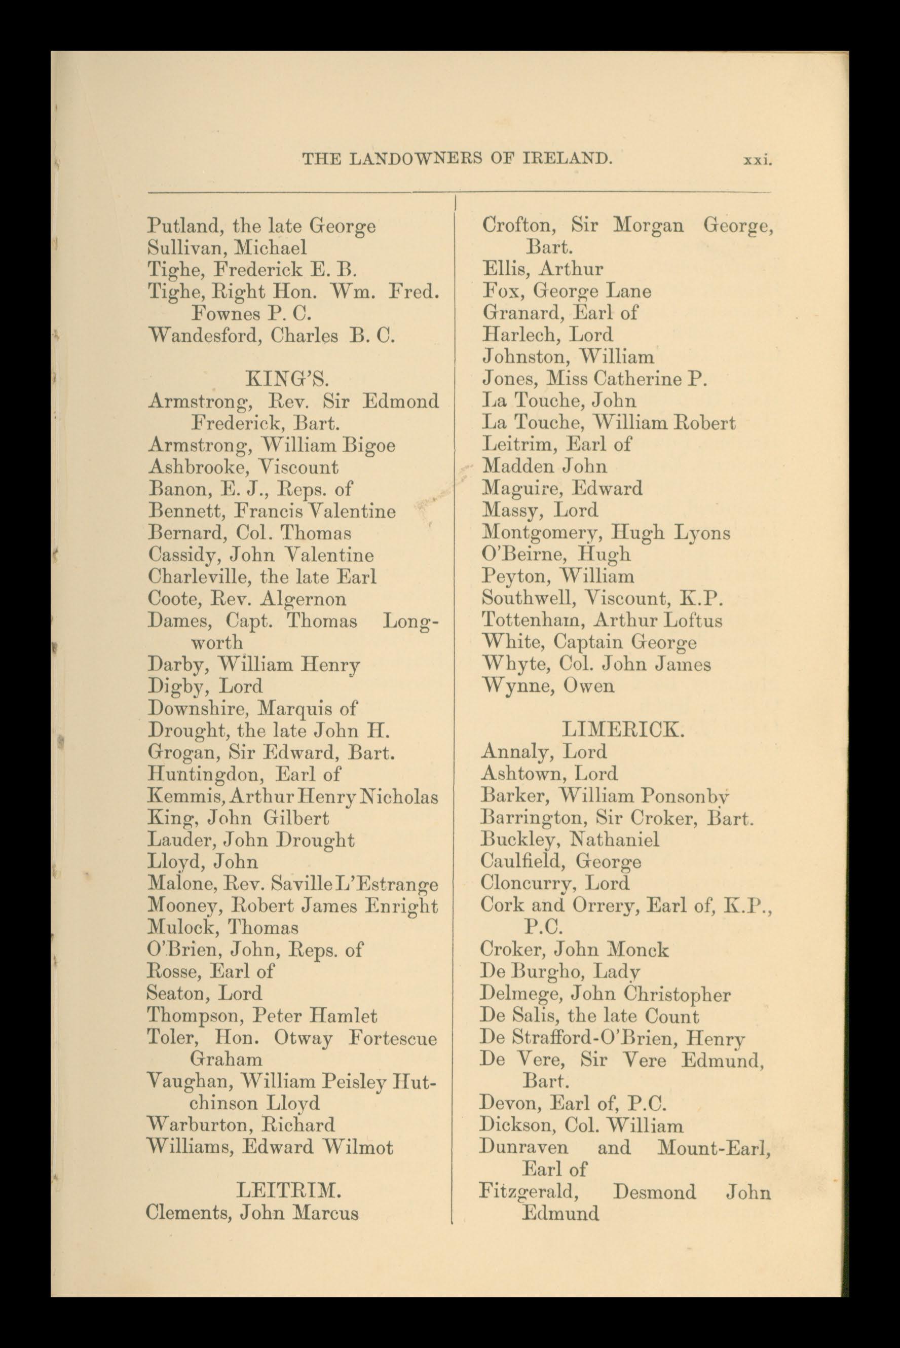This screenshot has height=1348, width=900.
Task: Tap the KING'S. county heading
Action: click(287, 378)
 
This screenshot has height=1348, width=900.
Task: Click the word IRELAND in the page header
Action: click(567, 159)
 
